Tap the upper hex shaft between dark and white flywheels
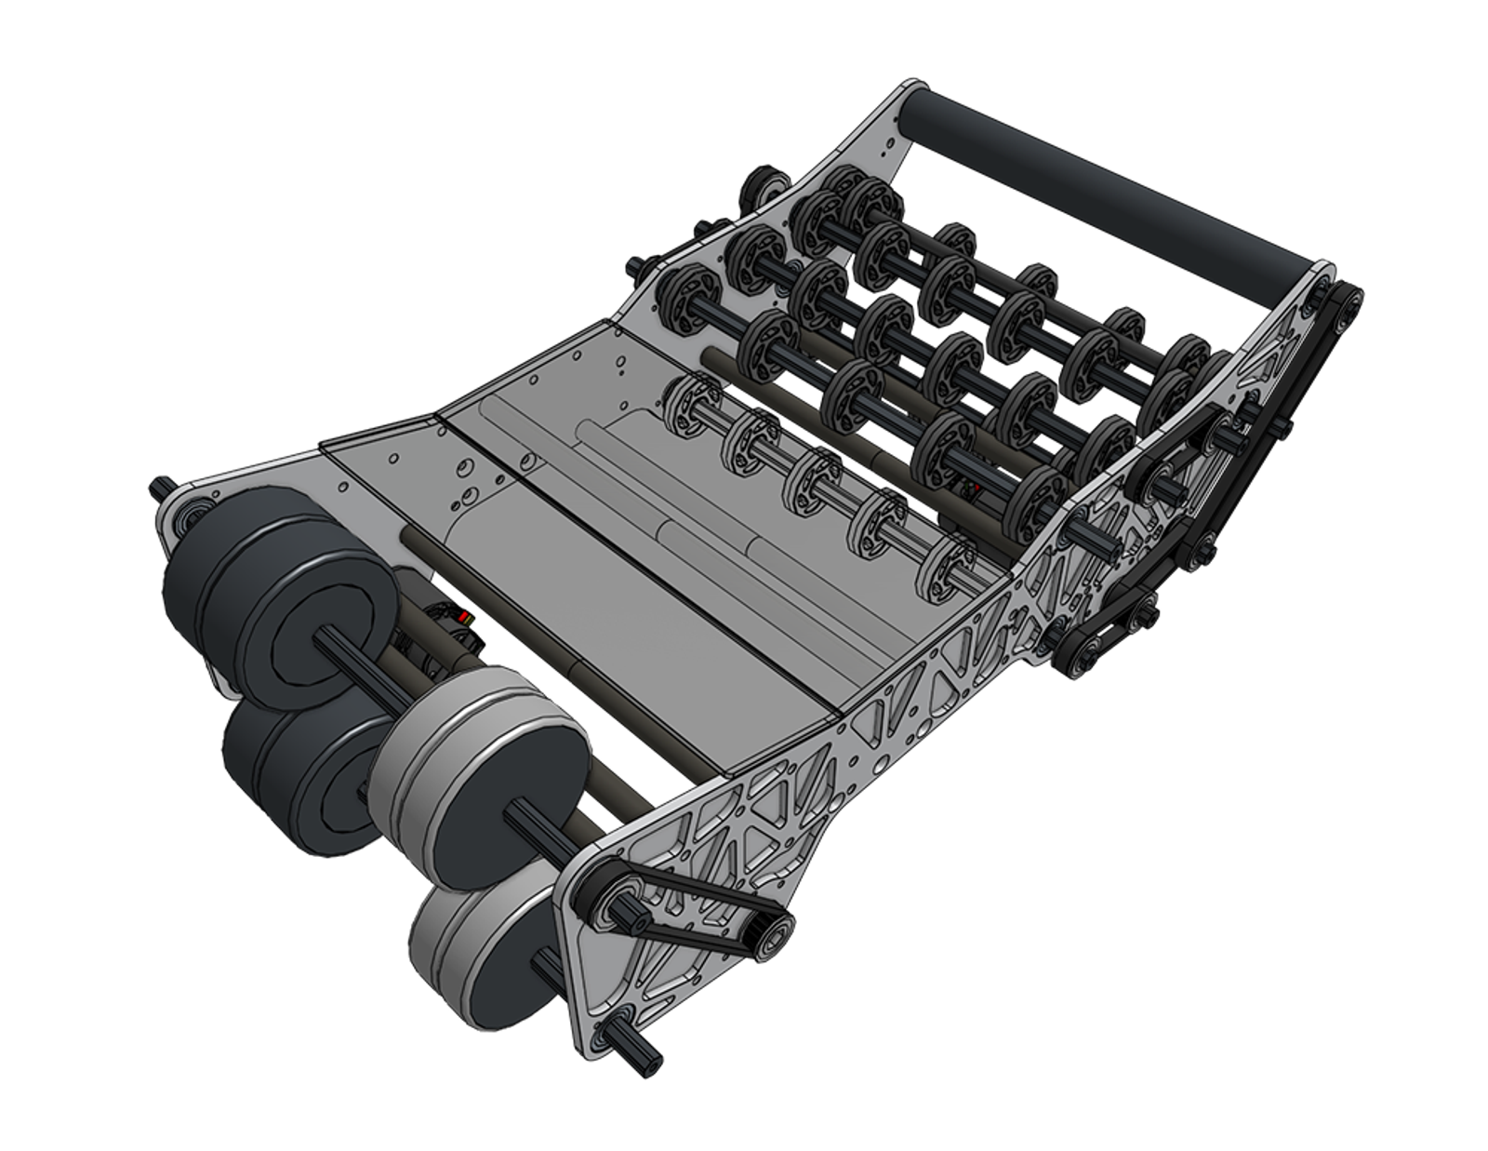click(x=344, y=642)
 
